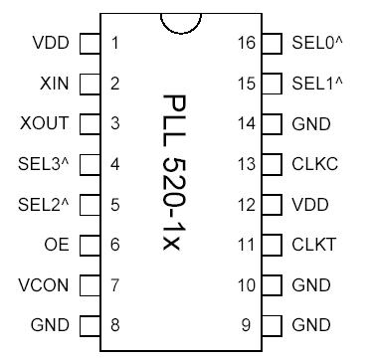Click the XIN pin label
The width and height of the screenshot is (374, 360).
pyautogui.click(x=54, y=84)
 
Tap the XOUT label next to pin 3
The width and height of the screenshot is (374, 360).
pyautogui.click(x=46, y=124)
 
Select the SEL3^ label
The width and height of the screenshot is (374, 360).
pyautogui.click(x=44, y=164)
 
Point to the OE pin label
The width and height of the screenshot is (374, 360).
pyautogui.click(x=58, y=245)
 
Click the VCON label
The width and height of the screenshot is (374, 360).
pyautogui.click(x=44, y=285)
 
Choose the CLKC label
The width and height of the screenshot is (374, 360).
pyautogui.click(x=314, y=164)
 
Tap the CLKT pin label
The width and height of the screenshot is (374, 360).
pyautogui.click(x=314, y=245)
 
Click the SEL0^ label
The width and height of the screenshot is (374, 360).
pyautogui.click(x=317, y=44)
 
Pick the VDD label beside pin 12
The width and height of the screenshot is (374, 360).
pyautogui.click(x=310, y=205)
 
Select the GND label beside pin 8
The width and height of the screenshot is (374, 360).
pyautogui.click(x=50, y=325)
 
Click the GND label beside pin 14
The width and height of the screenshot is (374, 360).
pyautogui.click(x=310, y=124)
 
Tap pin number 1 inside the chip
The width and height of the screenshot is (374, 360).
pyautogui.click(x=116, y=44)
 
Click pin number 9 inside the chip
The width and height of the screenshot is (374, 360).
pyautogui.click(x=246, y=325)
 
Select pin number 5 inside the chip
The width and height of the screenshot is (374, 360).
pyautogui.click(x=116, y=205)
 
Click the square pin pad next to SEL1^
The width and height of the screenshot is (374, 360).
pyautogui.click(x=272, y=84)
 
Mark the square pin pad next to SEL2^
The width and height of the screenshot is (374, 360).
pyautogui.click(x=90, y=205)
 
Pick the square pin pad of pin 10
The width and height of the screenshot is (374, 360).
pyautogui.click(x=272, y=285)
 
